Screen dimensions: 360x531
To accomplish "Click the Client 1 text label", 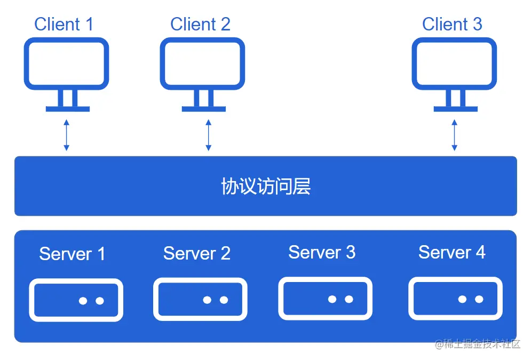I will pos(64,24).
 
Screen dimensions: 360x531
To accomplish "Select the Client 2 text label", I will pos(200,24).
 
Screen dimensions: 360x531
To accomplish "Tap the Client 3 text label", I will pos(452,24).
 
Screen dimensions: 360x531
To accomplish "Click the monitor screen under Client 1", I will pos(67,64).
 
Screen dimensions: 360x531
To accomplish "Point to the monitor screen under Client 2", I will pos(203,64).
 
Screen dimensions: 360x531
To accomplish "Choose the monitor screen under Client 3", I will pos(455,64).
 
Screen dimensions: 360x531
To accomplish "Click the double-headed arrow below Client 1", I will pos(66,135).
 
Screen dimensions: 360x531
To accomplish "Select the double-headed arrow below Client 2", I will pos(209,135).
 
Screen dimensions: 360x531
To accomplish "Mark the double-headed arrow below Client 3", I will pos(454,135).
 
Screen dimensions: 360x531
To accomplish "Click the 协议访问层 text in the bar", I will pos(265,186).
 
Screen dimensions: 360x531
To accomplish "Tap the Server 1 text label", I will pos(72,254).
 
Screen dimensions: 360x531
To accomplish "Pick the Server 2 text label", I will pos(196,253).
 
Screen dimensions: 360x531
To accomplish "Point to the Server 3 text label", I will pos(322,252).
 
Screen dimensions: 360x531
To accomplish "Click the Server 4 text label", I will pos(451,252).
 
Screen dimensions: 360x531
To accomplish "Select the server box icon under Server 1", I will pos(76,300).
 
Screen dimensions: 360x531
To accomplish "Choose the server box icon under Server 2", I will pos(200,300).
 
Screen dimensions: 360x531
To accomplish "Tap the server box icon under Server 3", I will pos(325,299).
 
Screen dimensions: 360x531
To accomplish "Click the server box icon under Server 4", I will pos(455,299).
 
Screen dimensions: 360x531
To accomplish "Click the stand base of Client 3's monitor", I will pos(455,109).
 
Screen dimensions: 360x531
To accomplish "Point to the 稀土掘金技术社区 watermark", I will pos(478,345).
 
